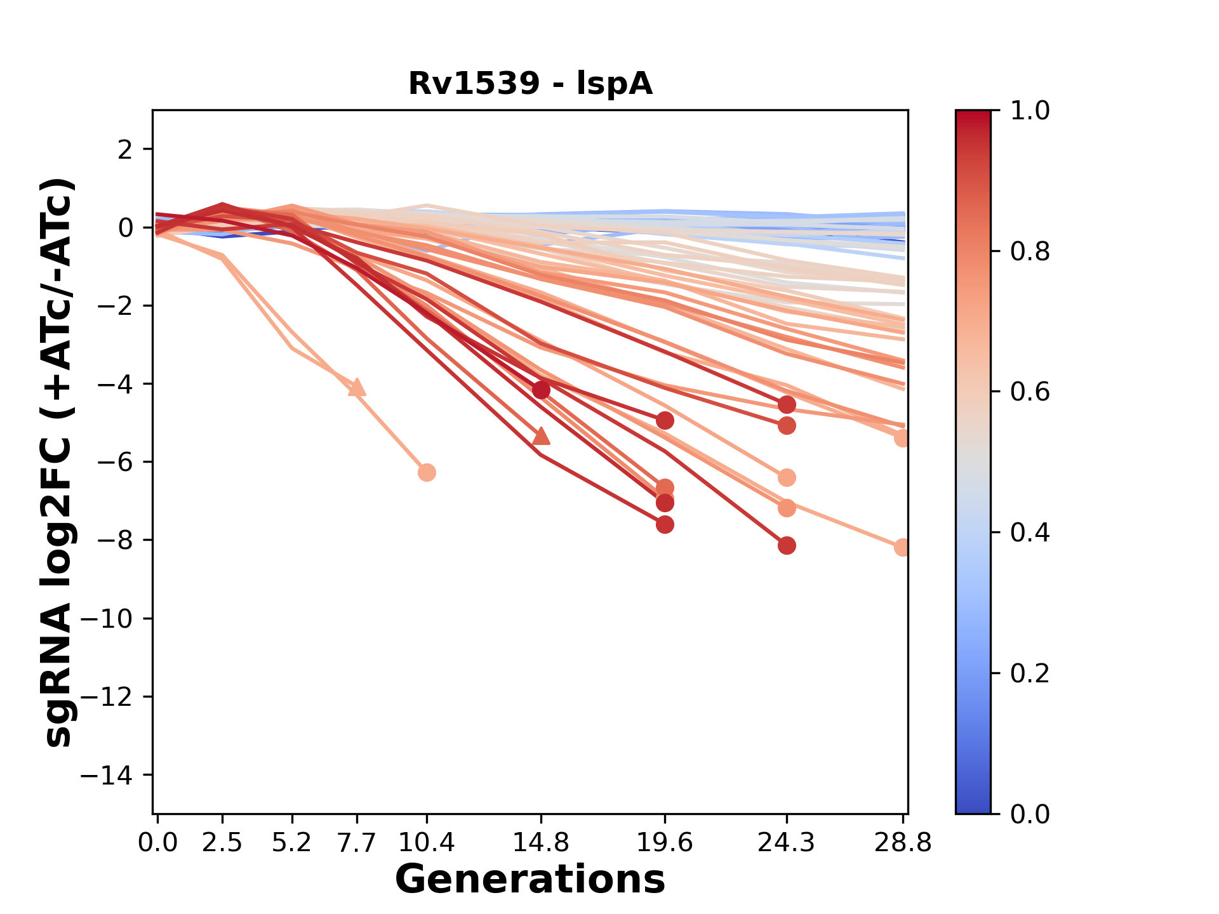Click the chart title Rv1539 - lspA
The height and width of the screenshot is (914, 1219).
coord(530,84)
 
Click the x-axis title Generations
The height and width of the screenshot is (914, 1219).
coord(530,880)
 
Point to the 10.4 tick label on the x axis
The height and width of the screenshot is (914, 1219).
coord(427,842)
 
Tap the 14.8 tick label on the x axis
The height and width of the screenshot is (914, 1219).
coord(541,842)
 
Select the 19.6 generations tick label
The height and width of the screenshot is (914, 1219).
coord(665,842)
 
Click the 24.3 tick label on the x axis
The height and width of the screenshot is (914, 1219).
coord(787,842)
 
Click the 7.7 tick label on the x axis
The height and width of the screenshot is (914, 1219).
coord(357,842)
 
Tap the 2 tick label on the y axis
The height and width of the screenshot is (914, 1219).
coord(124,150)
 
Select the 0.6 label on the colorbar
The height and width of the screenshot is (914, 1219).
coord(1030,392)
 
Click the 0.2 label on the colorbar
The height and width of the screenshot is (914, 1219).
coord(1030,673)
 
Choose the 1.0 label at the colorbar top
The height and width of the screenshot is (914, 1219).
coord(1030,110)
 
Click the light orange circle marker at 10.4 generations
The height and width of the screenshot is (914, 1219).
coord(427,472)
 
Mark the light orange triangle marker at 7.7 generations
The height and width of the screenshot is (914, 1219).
coord(357,387)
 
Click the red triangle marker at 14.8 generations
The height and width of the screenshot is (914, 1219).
coord(541,435)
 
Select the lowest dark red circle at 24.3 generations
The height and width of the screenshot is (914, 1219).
coord(787,545)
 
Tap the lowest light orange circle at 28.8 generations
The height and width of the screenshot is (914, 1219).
coord(902,547)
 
